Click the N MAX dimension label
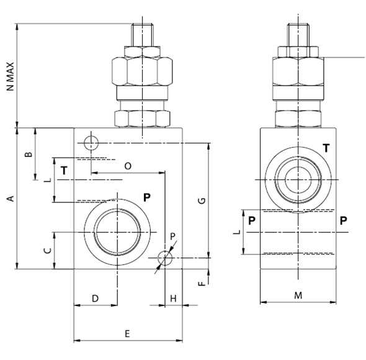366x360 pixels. pos(10,76)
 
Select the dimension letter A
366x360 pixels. pos(10,199)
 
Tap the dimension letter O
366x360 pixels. pos(128,166)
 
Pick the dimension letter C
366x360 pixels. pos(46,250)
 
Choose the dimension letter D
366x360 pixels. pos(95,299)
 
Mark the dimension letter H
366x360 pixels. pos(174,299)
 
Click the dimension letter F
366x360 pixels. pos(200,284)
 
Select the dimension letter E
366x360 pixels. pos(127,334)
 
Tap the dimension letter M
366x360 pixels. pos(298,295)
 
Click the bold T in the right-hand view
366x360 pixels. pos(326,147)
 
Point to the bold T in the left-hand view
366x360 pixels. pos(64,169)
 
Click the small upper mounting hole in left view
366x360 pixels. pos(91,143)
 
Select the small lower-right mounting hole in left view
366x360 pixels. pos(164,257)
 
